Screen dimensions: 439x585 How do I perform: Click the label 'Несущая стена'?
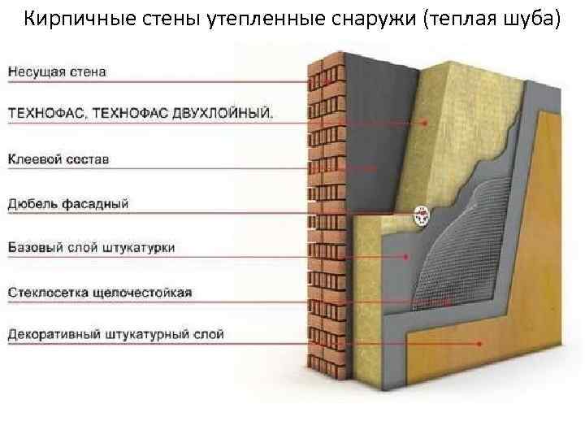pyautogui.click(x=58, y=72)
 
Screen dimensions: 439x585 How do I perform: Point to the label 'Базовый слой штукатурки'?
pyautogui.click(x=92, y=246)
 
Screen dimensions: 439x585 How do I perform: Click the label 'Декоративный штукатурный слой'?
pyautogui.click(x=116, y=334)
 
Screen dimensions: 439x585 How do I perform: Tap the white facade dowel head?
pyautogui.click(x=422, y=215)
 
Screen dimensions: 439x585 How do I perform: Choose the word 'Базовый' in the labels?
pyautogui.click(x=33, y=246)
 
